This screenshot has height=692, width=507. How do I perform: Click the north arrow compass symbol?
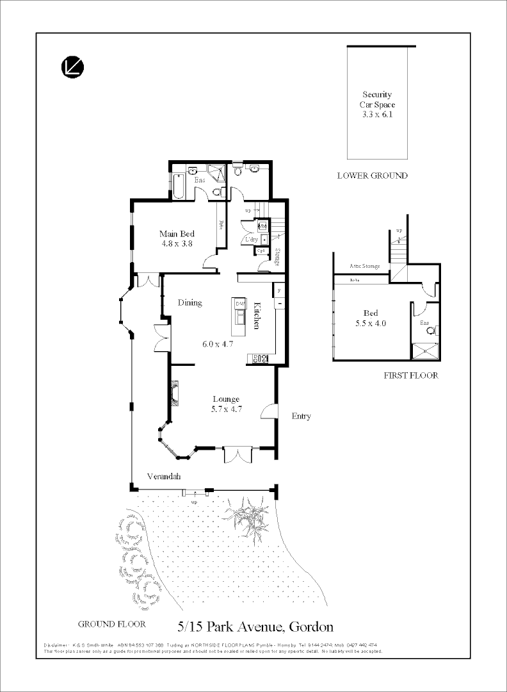point(73,67)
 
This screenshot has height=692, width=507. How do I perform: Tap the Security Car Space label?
point(377,104)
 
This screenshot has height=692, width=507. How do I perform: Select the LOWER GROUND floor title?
point(372,176)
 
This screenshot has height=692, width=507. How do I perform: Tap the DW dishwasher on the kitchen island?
point(241,304)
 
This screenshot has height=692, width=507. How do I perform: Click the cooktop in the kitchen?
point(261,359)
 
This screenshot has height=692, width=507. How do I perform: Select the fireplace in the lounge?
point(174,393)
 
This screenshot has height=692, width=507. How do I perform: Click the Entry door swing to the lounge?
point(269,412)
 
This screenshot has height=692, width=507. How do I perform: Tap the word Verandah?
point(164,477)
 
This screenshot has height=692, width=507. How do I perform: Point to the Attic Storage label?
point(364,266)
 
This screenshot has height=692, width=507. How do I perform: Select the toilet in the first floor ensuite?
point(431,331)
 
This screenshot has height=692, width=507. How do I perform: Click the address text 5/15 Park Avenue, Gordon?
point(255,626)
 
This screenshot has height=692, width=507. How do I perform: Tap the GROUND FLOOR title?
point(111,623)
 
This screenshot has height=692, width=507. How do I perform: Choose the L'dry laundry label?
point(250,240)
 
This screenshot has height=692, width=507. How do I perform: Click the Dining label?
point(190,303)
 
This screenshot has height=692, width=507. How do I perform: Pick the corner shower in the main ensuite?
point(218,172)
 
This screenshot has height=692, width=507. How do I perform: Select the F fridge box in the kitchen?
point(279,291)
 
